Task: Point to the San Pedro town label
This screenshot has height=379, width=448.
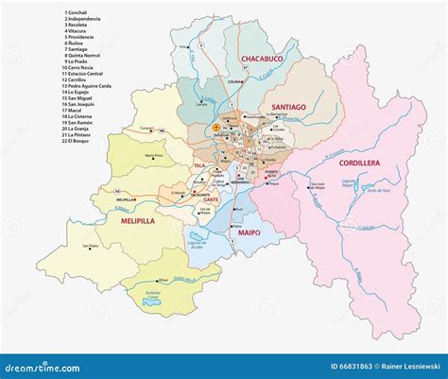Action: (x=91, y=247)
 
